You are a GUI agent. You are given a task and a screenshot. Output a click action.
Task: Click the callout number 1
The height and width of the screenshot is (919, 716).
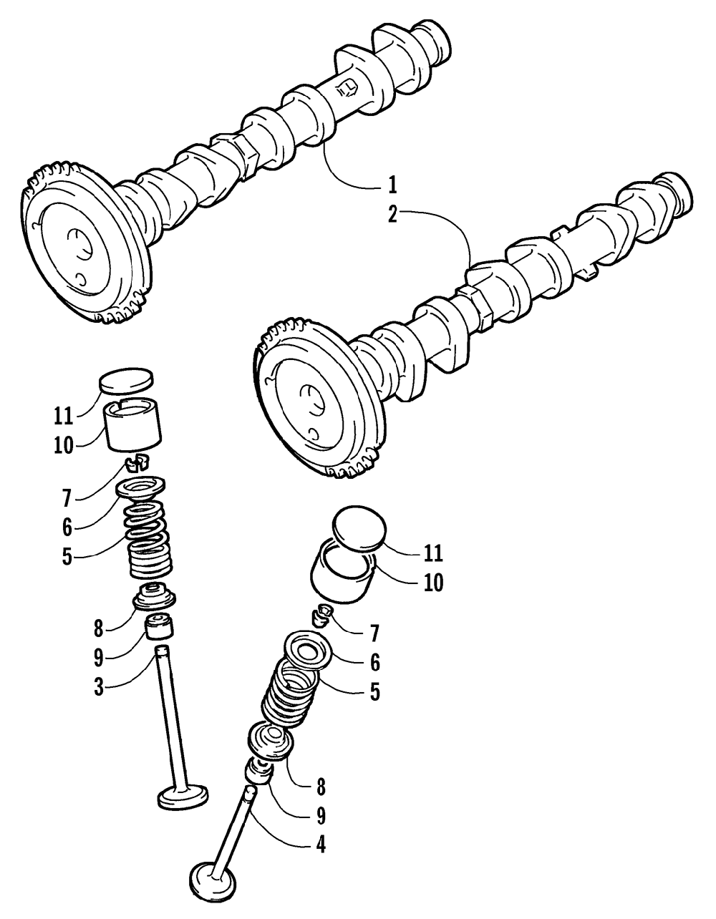point(392,185)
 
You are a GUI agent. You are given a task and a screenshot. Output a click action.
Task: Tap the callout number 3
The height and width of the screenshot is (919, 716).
point(100,686)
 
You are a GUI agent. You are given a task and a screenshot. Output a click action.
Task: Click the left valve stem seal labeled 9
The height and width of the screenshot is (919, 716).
point(160,628)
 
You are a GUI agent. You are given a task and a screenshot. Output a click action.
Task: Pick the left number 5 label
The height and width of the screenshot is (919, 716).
point(67,557)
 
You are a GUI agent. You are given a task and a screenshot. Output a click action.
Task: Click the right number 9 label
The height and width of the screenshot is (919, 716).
point(321,815)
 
